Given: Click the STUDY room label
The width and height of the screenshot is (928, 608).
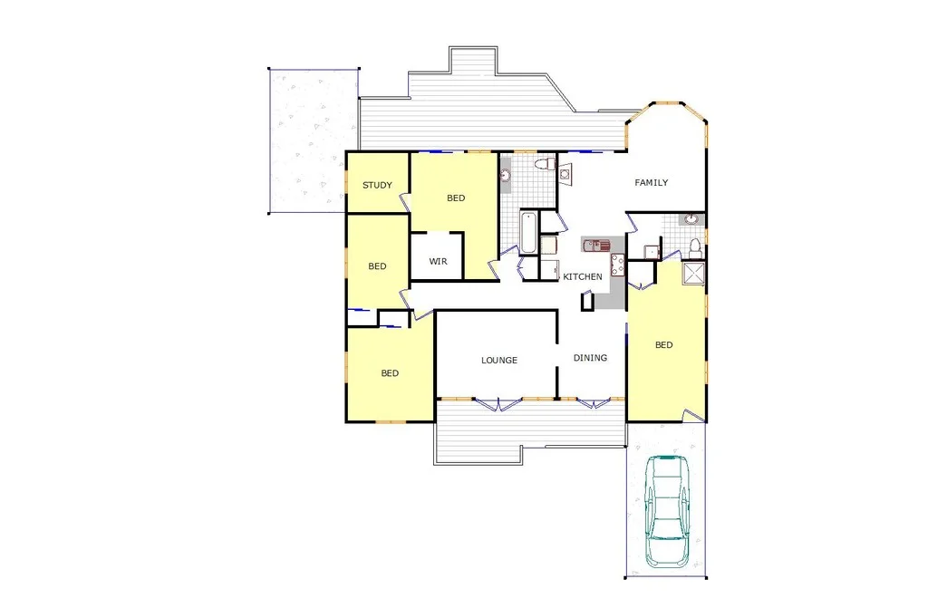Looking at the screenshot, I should coord(377,186).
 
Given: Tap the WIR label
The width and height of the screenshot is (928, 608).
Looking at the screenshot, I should coord(439,262).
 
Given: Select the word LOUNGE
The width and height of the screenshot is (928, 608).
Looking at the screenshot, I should coord(499,361).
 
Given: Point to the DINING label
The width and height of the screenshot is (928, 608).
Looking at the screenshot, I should coord(590,358).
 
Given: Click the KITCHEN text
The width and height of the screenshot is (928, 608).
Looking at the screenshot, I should coord(583,276).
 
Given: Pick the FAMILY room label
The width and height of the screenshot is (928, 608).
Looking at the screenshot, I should coord(651,183).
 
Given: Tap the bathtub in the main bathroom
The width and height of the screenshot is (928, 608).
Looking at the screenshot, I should coord(528,232).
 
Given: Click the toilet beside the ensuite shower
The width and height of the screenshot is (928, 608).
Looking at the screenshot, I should coord(695,246).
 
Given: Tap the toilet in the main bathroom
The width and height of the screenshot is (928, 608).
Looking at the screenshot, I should coord(545,165).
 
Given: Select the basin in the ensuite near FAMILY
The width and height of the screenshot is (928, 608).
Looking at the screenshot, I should coord(691,218).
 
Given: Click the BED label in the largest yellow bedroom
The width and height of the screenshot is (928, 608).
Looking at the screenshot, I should coord(664,344).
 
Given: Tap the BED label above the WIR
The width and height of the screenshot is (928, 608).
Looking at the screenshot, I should coord(456,198).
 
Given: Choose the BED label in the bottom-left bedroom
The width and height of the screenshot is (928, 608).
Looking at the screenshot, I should coord(390,373).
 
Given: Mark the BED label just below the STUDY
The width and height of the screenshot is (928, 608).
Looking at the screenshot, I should coord(377,266).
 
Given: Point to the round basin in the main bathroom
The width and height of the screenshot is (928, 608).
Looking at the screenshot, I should coord(507,175).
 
